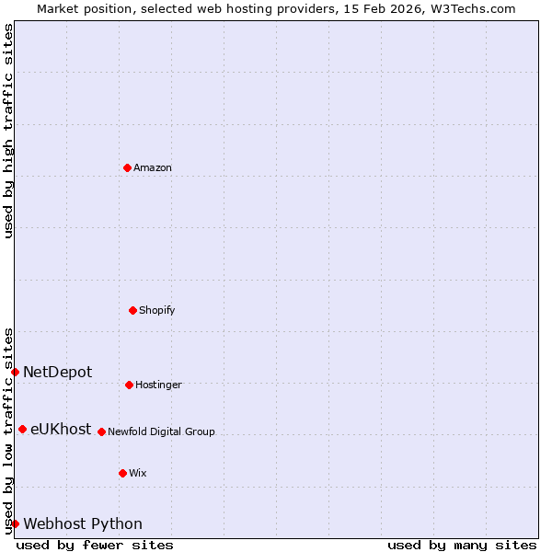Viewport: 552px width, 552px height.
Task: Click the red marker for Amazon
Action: tap(127, 167)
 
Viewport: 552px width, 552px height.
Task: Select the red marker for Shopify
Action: tap(132, 310)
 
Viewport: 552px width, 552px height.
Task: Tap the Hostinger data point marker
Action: tap(129, 385)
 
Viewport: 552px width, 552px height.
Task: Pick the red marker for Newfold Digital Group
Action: tap(101, 431)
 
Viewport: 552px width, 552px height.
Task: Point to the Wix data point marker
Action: tap(122, 473)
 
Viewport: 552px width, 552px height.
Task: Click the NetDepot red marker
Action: tap(16, 372)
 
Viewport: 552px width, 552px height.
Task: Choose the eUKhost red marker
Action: tap(22, 429)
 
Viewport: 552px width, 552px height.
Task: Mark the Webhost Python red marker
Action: tap(16, 523)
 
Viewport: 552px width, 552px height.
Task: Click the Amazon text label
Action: tap(153, 167)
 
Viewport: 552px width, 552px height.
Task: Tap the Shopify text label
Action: tap(157, 310)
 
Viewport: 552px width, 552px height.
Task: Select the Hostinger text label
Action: tap(158, 385)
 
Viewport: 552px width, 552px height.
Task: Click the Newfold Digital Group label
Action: tap(161, 431)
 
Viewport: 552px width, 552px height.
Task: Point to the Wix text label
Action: tap(138, 473)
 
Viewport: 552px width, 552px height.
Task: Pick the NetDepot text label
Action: tap(57, 372)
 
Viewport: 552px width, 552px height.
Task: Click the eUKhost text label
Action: tap(61, 429)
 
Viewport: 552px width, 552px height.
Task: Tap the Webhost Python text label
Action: tap(83, 523)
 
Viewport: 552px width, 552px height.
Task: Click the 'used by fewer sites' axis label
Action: tap(95, 545)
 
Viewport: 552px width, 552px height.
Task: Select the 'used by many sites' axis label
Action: tap(462, 545)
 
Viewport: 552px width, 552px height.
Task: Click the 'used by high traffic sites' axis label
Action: tap(8, 131)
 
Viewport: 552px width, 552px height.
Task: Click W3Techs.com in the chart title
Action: tap(469, 8)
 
